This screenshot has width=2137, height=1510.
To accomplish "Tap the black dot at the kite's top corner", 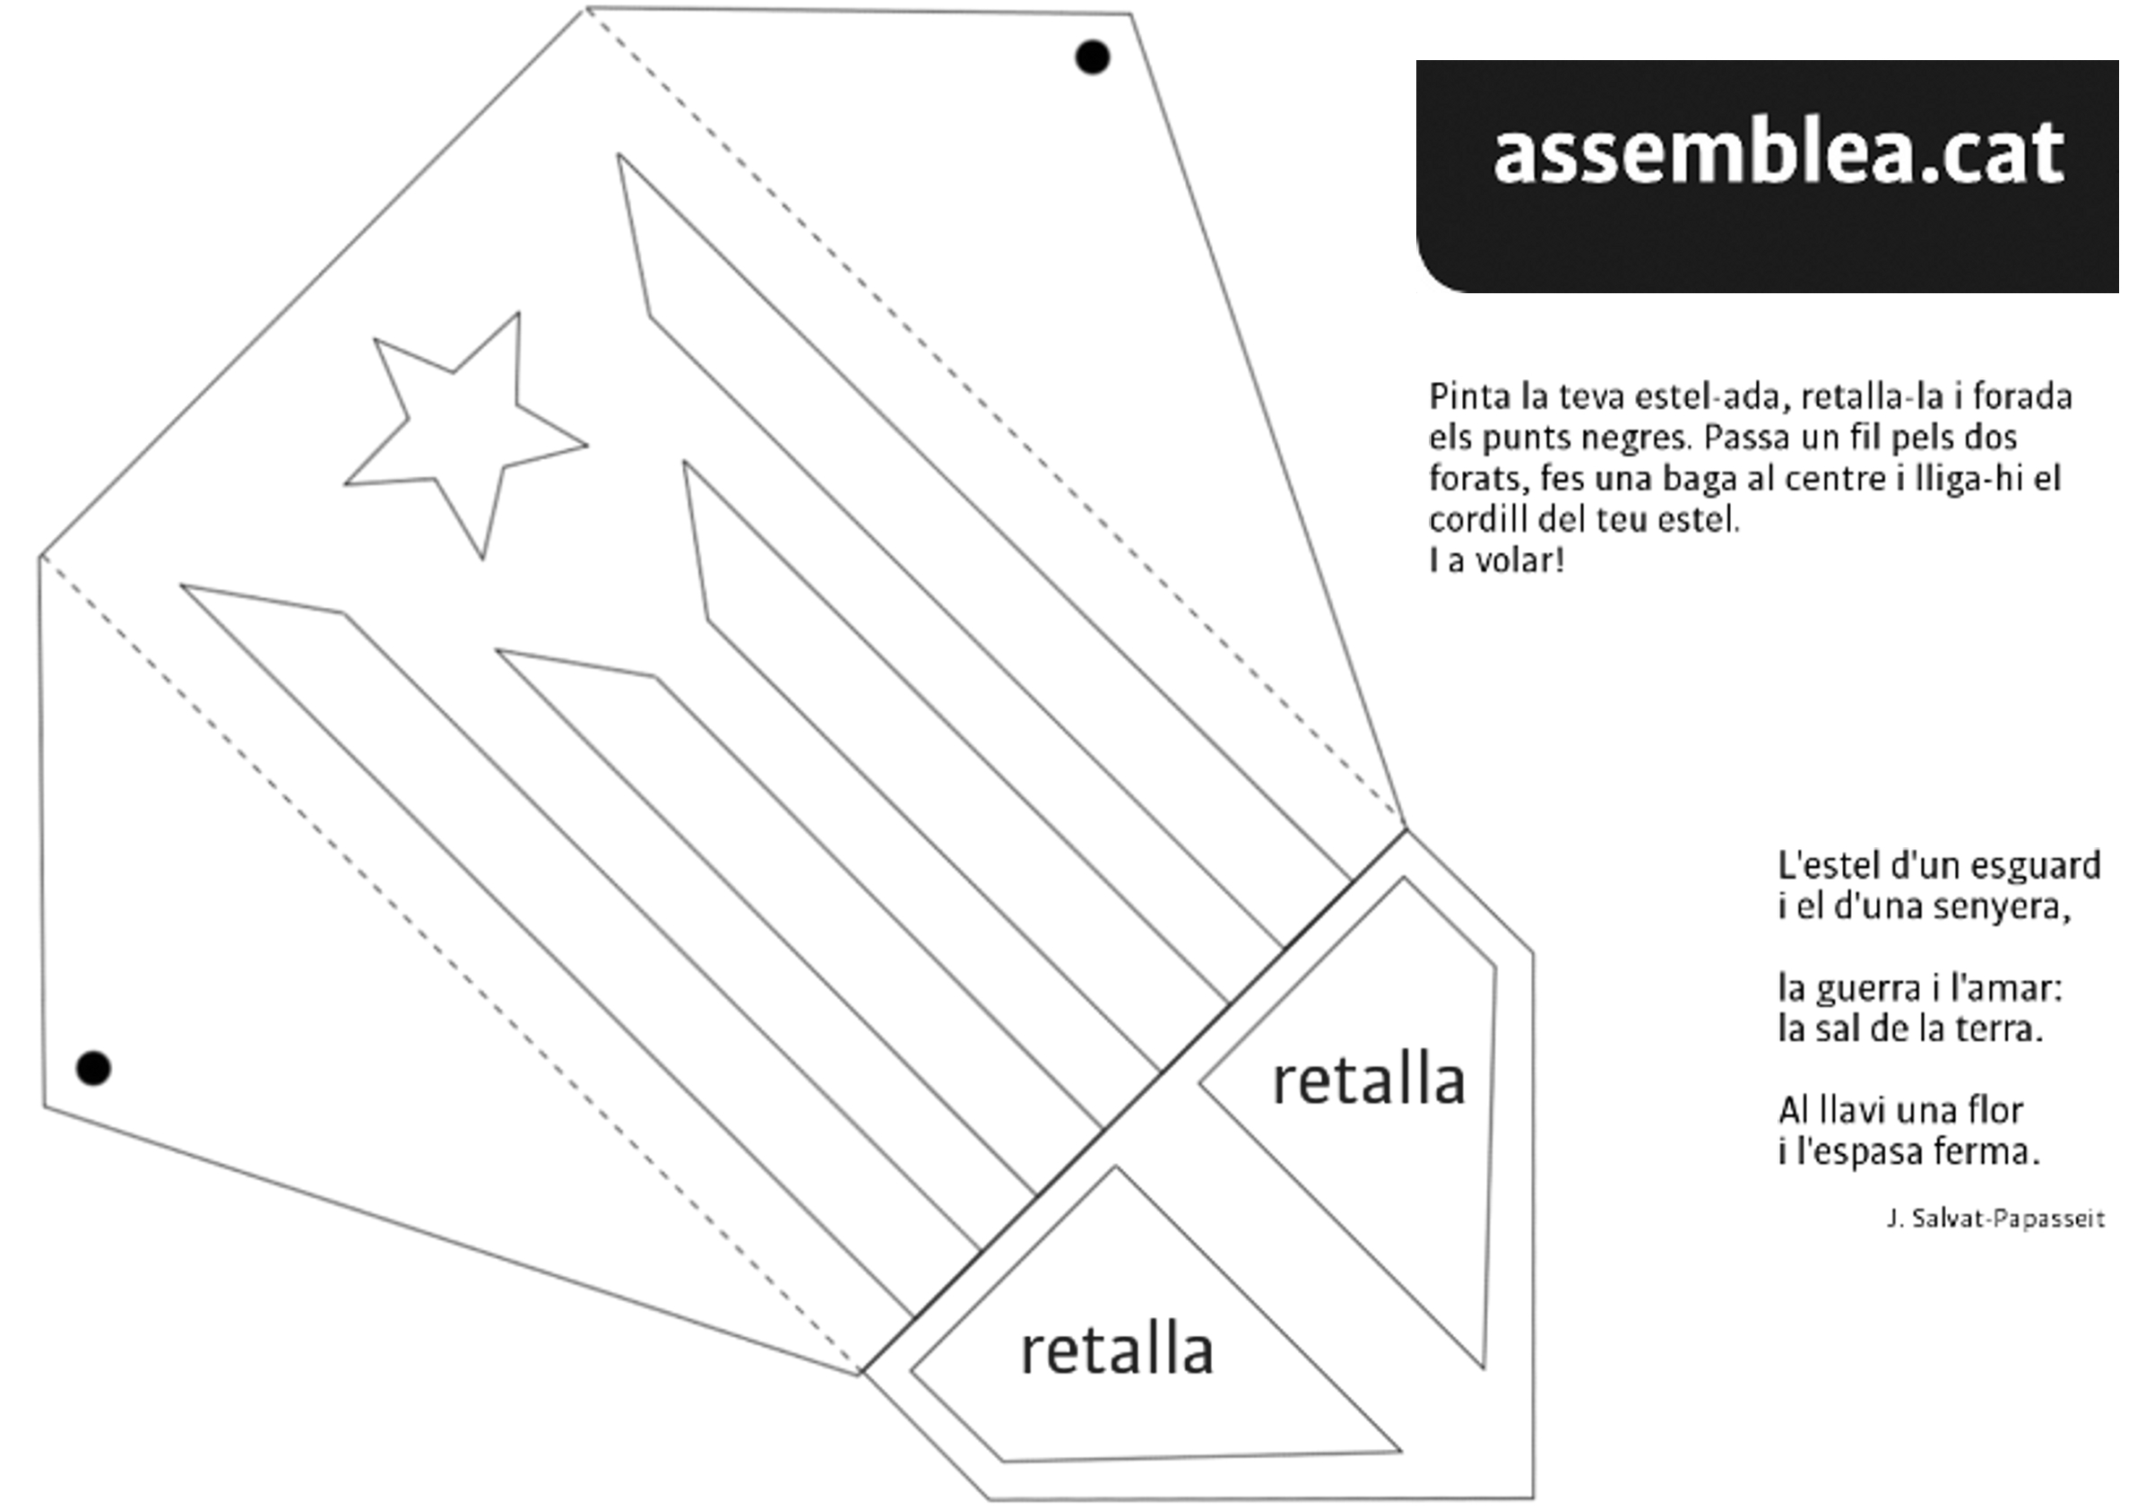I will coord(1092,56).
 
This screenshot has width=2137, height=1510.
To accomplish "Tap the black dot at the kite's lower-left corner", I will coord(93,1068).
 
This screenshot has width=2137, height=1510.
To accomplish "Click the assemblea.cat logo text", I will coord(1778,153).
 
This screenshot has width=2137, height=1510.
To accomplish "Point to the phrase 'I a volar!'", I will coord(1496,560).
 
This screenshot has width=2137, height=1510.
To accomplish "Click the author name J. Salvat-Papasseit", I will coord(1994,1219).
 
